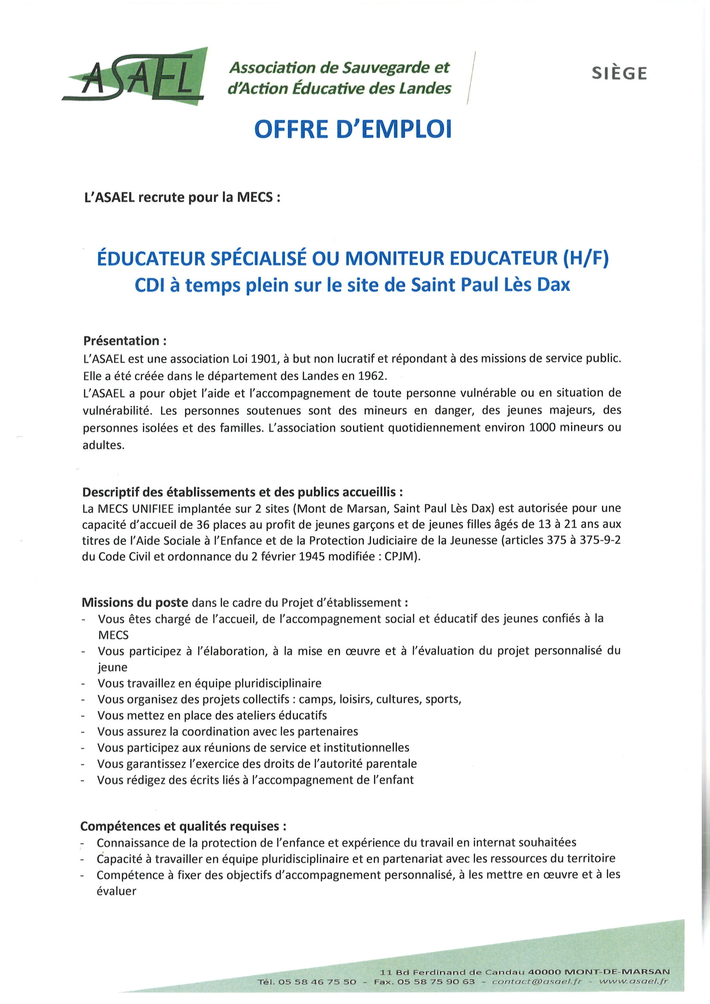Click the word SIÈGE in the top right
point(619,73)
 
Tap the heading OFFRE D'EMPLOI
point(353,129)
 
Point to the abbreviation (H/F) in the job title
point(583,258)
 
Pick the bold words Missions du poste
point(135,602)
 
